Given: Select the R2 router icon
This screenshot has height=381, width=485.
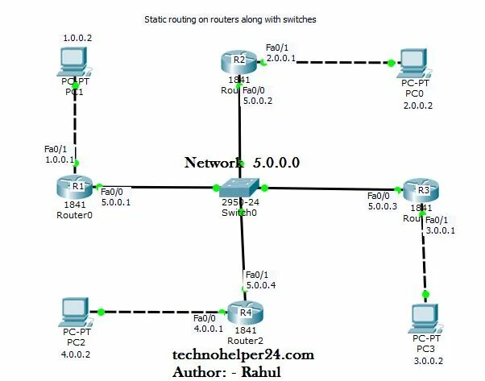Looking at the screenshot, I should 238,60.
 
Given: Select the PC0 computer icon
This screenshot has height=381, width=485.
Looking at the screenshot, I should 414,62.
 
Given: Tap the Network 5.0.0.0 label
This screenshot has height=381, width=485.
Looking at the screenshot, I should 242,162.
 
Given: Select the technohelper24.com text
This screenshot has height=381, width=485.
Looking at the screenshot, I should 242,354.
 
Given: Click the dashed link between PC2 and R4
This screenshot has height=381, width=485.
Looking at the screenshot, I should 160,312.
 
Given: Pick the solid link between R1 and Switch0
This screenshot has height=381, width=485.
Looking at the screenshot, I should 157,188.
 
